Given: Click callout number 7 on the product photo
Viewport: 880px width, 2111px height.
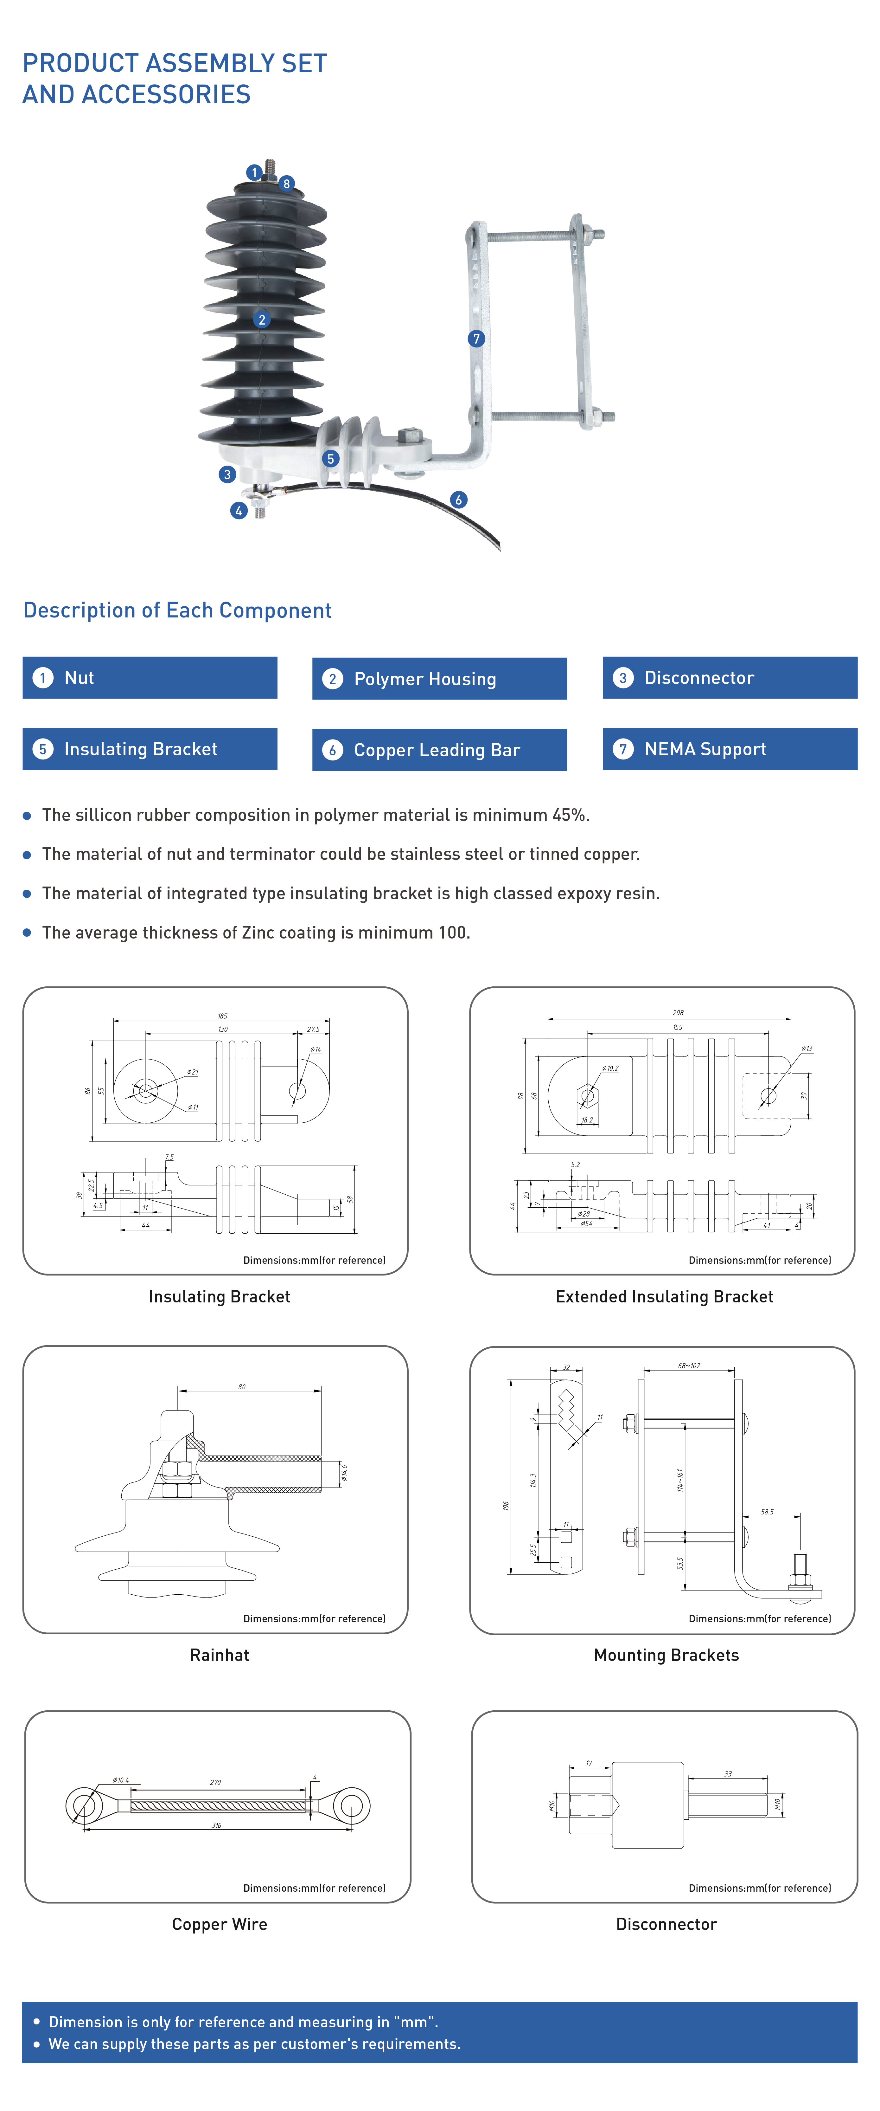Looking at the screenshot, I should coord(476,339).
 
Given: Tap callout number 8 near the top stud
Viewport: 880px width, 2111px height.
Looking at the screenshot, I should coord(286,184).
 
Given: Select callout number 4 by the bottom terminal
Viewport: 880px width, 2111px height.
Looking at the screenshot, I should coord(239,511).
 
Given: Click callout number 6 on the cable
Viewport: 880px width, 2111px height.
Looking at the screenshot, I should coord(458,499).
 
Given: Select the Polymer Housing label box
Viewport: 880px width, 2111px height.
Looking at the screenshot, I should coord(439,679).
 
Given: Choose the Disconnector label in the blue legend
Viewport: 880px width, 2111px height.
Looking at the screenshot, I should coord(729,678).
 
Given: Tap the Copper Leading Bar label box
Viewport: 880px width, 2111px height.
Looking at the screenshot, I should coord(439,750).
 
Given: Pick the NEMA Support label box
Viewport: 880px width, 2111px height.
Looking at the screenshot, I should coord(729,749).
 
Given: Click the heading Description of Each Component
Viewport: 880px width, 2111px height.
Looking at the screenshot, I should coord(177,610).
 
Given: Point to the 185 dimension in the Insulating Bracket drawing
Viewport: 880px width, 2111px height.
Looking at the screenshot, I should coord(222,1015).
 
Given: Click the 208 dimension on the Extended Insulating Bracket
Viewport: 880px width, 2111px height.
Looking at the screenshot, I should coord(678,1013).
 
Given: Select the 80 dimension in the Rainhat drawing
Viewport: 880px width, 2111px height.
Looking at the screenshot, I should coord(242,1387).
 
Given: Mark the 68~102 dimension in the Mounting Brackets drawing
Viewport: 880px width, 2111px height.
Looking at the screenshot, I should coord(688,1366).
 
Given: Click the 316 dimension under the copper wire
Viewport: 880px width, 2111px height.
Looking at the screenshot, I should coord(216,1825).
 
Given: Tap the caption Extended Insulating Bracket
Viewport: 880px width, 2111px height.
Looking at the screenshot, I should coord(664,1296).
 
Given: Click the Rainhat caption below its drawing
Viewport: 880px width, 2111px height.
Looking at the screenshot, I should coord(220,1655).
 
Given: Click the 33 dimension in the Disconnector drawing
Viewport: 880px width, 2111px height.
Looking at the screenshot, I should coord(728,1773).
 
